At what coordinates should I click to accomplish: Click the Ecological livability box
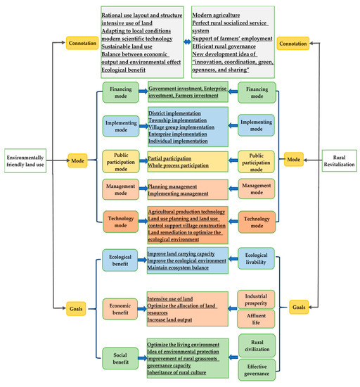(256, 259)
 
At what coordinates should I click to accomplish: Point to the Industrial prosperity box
(256, 301)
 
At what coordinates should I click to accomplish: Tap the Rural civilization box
(256, 345)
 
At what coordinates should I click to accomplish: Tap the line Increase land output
(173, 320)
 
